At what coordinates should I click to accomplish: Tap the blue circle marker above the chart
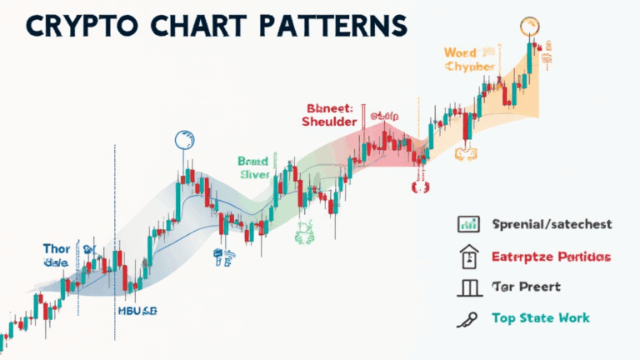tap(182, 140)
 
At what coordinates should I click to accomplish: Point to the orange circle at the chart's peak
tap(527, 25)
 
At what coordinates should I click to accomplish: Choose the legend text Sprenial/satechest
tap(552, 224)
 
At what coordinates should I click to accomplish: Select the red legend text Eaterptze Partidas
tap(551, 256)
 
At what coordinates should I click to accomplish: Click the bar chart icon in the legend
tap(467, 223)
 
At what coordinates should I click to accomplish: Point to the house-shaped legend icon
tap(467, 256)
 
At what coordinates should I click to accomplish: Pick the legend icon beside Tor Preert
tap(467, 288)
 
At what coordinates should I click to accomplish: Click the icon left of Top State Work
tap(466, 318)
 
